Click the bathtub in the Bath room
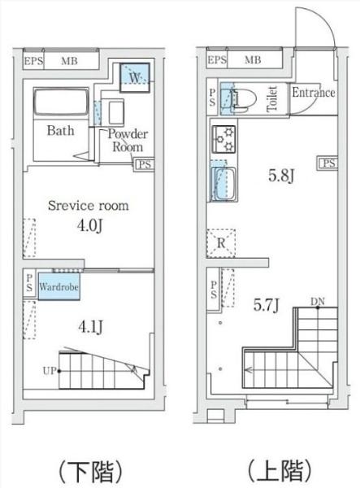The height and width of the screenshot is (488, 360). click(x=61, y=102)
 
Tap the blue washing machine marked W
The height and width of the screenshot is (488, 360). click(x=135, y=77)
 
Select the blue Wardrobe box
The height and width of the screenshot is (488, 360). click(x=59, y=286)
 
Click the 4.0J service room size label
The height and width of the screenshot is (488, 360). click(x=89, y=225)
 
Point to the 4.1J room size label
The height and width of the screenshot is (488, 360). click(x=90, y=327)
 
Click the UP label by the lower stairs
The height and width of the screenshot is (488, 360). click(x=50, y=371)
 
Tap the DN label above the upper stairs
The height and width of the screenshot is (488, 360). click(x=318, y=301)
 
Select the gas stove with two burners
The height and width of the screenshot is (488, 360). click(x=223, y=139)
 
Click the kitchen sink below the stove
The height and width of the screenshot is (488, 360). click(x=223, y=185)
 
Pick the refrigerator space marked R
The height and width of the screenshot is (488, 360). click(x=221, y=243)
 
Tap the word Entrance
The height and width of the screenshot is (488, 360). click(x=314, y=93)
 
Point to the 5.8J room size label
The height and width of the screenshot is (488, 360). click(x=281, y=176)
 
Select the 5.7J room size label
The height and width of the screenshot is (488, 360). click(x=266, y=305)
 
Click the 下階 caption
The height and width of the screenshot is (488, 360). click(x=90, y=471)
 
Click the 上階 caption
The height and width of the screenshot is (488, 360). click(x=280, y=471)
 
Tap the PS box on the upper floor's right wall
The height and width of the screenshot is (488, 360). click(x=327, y=163)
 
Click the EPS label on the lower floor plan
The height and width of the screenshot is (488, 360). click(x=33, y=61)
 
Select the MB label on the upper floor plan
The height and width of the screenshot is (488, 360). click(x=253, y=59)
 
